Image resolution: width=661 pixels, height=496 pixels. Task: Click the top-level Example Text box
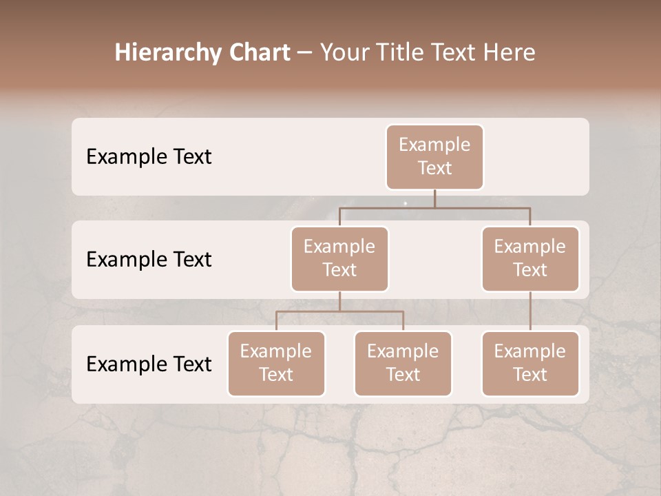pos(434,156)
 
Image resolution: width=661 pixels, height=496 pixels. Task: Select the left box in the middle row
pos(339,258)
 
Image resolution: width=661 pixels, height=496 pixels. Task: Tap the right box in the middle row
pos(530,258)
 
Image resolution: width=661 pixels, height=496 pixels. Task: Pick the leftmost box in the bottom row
pos(276,363)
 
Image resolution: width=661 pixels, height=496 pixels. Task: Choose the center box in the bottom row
pos(403,363)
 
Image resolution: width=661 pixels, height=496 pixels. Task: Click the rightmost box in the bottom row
pos(530,363)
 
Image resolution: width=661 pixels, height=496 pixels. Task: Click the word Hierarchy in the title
pos(168,53)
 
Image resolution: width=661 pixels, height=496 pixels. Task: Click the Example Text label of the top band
pos(149,157)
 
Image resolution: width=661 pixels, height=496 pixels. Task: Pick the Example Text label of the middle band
pos(149,260)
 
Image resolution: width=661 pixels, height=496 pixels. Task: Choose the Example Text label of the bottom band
pos(149,364)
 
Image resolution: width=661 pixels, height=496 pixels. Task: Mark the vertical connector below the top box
pos(434,198)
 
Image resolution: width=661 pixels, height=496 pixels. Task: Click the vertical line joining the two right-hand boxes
pos(530,311)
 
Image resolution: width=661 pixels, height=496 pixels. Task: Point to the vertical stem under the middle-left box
pos(339,301)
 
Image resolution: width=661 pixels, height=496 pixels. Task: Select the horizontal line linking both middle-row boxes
pos(482,207)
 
